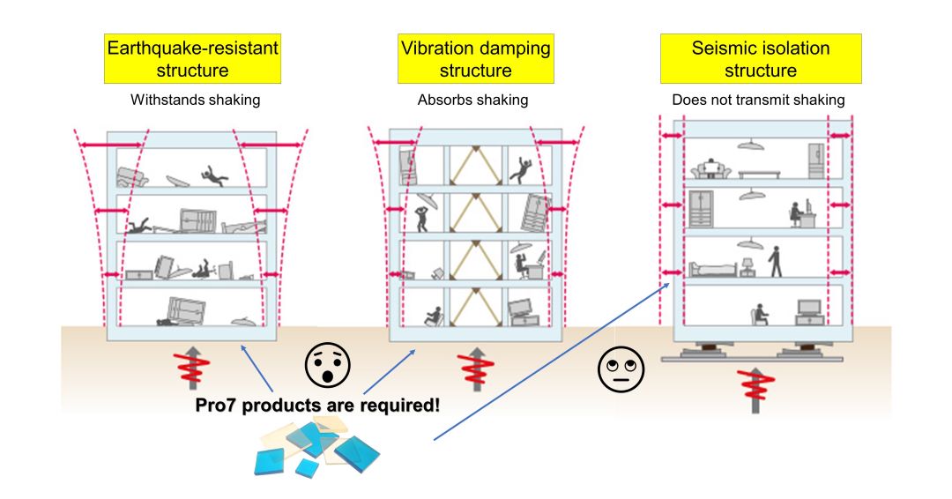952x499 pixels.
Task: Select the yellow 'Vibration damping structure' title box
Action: point(476,59)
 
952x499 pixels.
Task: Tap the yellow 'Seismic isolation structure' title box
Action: point(760,59)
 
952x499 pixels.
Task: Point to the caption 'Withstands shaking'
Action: point(195,100)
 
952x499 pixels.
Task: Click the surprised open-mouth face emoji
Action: point(328,364)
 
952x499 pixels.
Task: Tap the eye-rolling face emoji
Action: point(621,368)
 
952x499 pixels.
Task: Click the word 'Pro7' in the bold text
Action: point(214,406)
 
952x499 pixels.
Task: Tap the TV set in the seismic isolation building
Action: point(809,309)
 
